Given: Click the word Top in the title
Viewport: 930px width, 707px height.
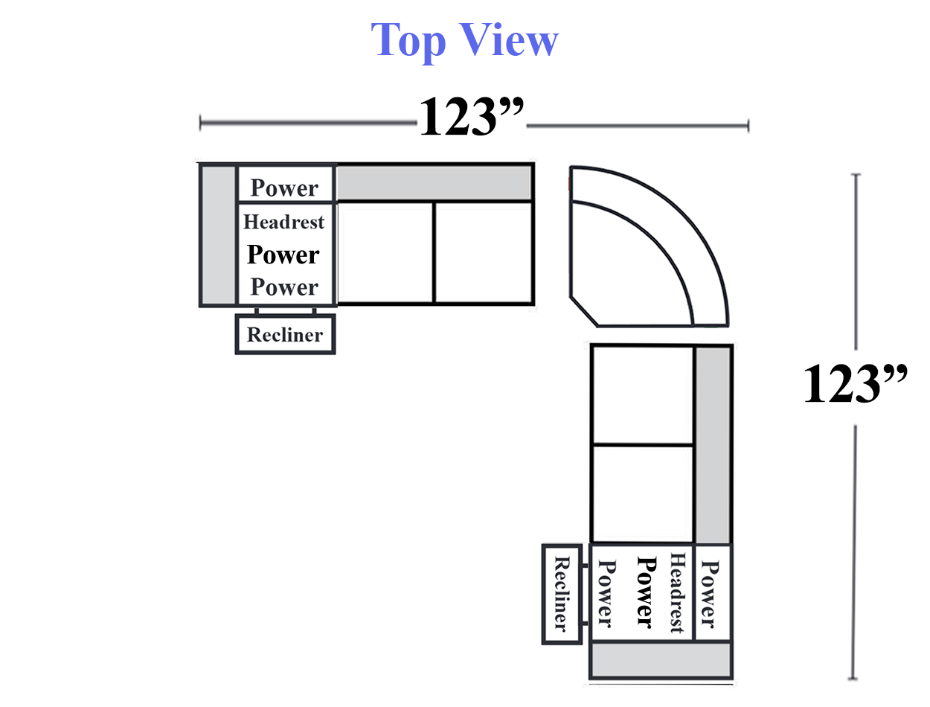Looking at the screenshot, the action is click(x=408, y=41).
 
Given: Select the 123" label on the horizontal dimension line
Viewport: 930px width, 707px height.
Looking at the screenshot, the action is click(x=472, y=115).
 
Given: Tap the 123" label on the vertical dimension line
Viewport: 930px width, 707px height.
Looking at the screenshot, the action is click(x=855, y=383).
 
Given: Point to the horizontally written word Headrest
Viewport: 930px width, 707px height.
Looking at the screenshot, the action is click(x=283, y=222).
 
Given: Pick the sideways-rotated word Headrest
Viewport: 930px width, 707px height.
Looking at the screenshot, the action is click(x=676, y=592).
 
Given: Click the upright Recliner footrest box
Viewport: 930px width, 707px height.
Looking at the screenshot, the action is click(x=285, y=334).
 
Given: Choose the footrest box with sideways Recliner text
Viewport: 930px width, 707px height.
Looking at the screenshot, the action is click(x=562, y=594).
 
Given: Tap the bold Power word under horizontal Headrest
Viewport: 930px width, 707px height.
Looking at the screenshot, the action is click(x=283, y=255).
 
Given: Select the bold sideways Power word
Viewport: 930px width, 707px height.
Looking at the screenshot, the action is click(x=647, y=592).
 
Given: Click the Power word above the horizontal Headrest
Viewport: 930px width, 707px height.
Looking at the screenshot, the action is click(x=284, y=188).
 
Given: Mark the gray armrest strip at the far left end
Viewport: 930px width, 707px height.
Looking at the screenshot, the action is click(x=218, y=235).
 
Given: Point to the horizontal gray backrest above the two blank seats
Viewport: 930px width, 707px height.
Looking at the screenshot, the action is click(x=434, y=182).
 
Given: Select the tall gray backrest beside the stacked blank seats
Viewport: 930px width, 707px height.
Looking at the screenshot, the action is click(x=713, y=445).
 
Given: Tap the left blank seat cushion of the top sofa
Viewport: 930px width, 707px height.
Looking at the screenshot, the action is click(x=385, y=253).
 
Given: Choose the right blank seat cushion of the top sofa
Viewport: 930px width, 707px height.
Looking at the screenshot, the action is click(x=484, y=253).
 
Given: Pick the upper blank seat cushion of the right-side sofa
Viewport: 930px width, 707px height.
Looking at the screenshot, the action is click(x=643, y=395).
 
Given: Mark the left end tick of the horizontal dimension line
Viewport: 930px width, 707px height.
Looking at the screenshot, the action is click(x=200, y=123).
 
